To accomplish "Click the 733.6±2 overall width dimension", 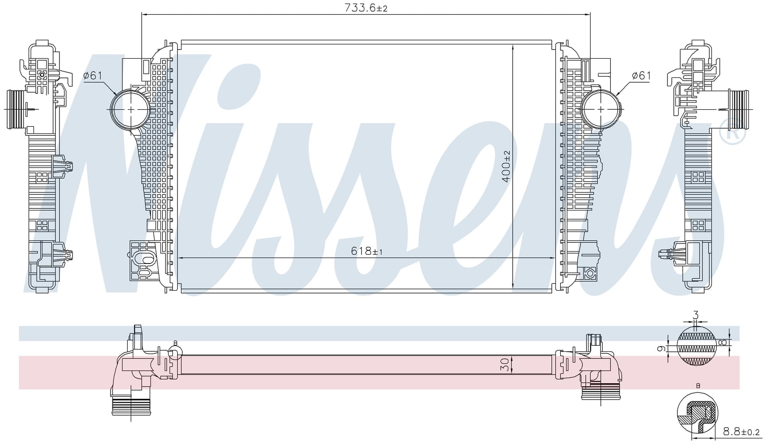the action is click(366, 8).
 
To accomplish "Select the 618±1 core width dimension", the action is click(367, 251).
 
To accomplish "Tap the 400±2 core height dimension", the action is click(506, 166).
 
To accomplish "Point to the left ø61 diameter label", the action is click(93, 75).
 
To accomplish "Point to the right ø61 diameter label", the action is click(641, 75).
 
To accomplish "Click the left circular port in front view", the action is click(130, 109).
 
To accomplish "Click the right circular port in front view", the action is click(601, 109).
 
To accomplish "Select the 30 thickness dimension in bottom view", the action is click(505, 364).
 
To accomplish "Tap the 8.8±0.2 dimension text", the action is click(741, 432).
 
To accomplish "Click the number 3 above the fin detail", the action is click(696, 315).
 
